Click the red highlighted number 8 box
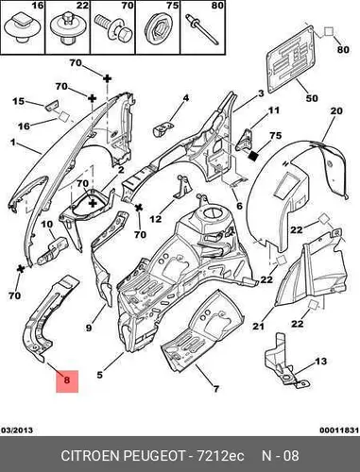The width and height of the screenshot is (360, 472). (67, 381)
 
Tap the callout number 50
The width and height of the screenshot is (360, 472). (312, 98)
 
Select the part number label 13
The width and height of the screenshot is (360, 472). (320, 362)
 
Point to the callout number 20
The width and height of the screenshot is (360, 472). (336, 110)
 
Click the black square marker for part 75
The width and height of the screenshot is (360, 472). (254, 155)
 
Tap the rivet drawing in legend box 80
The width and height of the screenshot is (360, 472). (202, 29)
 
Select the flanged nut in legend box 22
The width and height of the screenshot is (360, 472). (67, 28)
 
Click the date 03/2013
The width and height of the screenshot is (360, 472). (17, 430)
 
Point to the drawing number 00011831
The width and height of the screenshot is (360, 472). (339, 430)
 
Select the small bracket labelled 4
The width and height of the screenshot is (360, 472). (163, 128)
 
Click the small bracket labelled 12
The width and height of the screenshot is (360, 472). (183, 188)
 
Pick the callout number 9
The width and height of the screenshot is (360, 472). (89, 328)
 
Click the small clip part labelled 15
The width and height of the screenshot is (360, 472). (52, 106)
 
